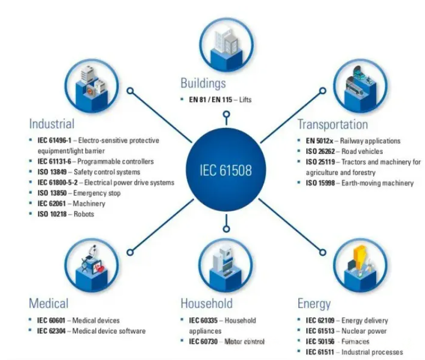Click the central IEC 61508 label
tap(226, 170)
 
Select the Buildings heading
tap(203, 83)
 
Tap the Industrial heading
tap(52, 124)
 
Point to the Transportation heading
tap(333, 125)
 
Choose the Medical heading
tap(48, 303)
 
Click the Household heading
tap(207, 303)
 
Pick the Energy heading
tap(314, 304)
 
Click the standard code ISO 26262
tap(320, 151)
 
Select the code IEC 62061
tap(51, 203)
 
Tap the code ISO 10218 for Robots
tap(52, 214)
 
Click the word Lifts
tap(245, 100)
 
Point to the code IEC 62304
tap(51, 331)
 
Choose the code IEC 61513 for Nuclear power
tap(320, 331)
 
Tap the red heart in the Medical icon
tap(100, 269)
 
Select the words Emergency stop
tap(97, 193)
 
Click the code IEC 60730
tap(203, 341)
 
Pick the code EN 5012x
tap(320, 141)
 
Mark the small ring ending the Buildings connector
tap(227, 114)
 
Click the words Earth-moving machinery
tap(378, 183)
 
